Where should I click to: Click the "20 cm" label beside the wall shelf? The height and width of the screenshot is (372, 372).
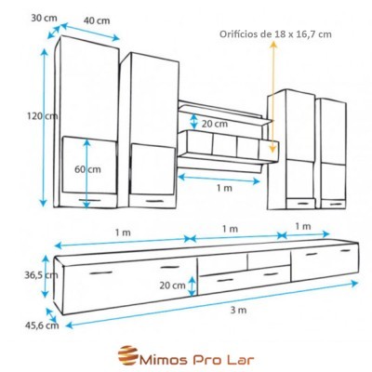[x=213, y=122]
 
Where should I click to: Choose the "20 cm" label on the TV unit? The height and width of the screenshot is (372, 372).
[x=172, y=285]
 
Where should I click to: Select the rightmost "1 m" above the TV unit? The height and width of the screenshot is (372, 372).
[x=303, y=226]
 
